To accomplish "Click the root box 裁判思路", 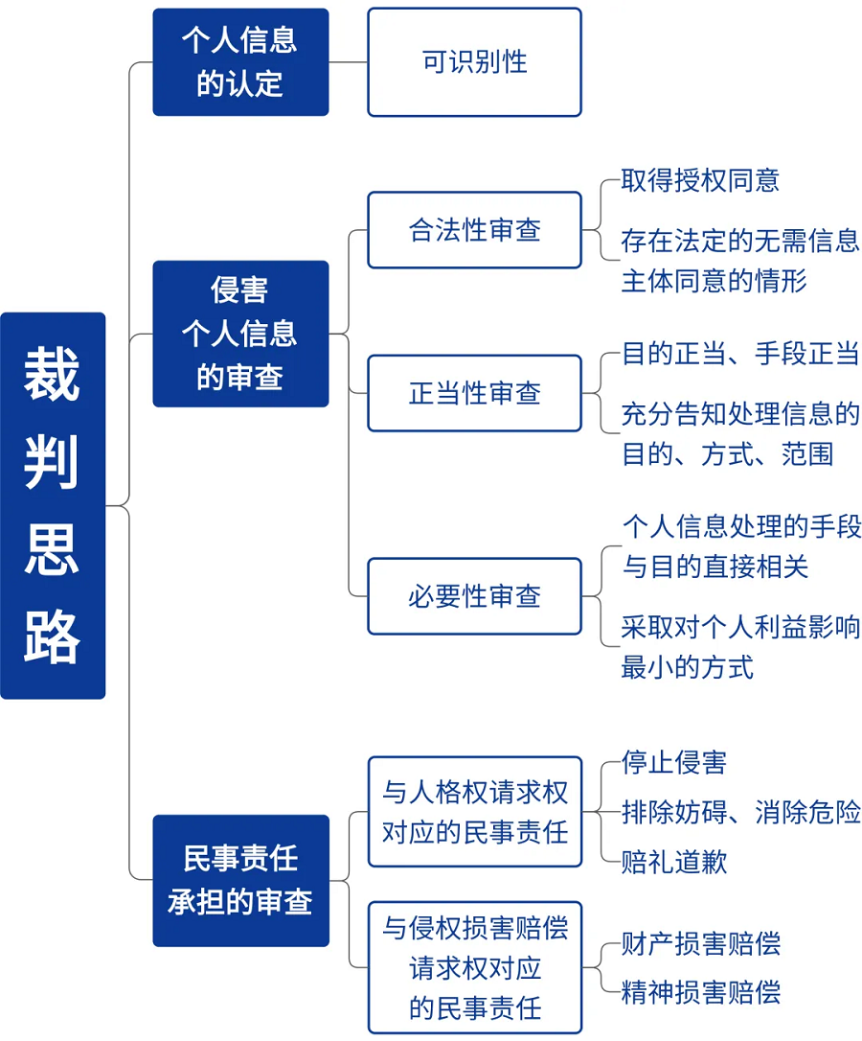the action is pos(53,505).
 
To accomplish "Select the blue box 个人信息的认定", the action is pos(241,61).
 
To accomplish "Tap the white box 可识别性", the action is pos(474,61).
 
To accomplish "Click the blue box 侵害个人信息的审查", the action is pos(241,334).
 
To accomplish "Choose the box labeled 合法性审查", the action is pos(474,230).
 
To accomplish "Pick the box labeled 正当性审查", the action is pos(474,393).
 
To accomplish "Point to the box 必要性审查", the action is pos(474,596).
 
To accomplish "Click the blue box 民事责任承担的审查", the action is pos(241,880).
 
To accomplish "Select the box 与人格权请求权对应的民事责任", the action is pos(474,811).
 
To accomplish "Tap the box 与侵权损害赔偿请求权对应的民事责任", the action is pos(474,967).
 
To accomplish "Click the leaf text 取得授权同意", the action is pos(700,180).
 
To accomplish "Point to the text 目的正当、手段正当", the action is pos(740,353).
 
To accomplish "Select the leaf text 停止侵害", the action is pos(674,762).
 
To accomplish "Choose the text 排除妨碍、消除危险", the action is pos(740,811).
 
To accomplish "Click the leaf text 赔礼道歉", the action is pos(674,862).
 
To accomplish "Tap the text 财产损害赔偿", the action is pos(701,943).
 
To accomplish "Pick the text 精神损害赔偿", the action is pos(701,992).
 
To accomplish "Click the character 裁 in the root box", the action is pos(52,374).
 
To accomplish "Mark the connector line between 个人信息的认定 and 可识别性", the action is pos(349,61).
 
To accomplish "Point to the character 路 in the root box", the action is pos(52,636).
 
